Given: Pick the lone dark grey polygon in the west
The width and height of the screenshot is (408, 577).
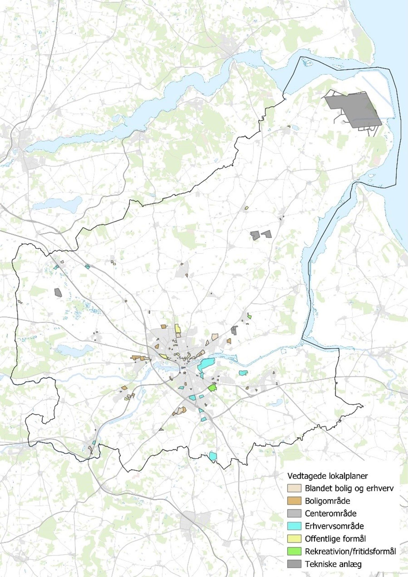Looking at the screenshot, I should tap(58, 292).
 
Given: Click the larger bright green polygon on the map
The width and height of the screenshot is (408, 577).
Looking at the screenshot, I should tap(212, 388).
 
